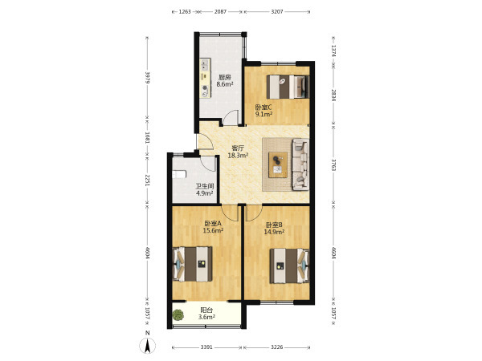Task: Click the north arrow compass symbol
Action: [x=148, y=346]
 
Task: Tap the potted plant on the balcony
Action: [x=178, y=314]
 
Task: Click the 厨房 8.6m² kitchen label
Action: [x=224, y=81]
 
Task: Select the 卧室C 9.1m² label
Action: [x=263, y=111]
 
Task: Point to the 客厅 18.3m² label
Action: [x=238, y=152]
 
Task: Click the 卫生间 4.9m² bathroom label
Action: [x=205, y=189]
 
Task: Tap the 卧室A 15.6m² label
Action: [x=213, y=227]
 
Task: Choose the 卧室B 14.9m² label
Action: [x=274, y=229]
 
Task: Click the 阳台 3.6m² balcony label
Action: [x=206, y=314]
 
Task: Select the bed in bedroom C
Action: [x=288, y=87]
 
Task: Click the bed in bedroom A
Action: [x=193, y=264]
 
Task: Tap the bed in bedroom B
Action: [x=289, y=266]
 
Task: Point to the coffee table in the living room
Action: [x=278, y=164]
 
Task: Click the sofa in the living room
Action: [x=300, y=164]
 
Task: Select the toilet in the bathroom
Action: [x=179, y=174]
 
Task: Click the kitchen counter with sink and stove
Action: [x=205, y=79]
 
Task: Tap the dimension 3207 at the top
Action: [x=277, y=12]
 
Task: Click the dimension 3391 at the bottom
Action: [x=206, y=347]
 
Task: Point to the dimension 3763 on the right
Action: [x=333, y=164]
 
